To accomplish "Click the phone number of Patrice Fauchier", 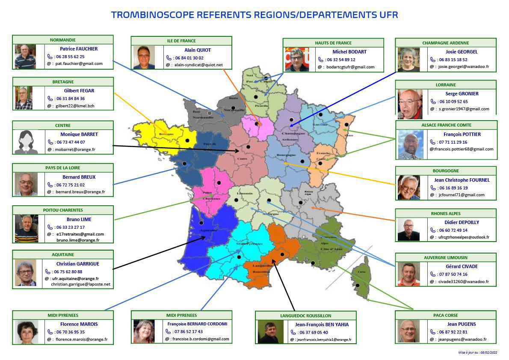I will click(x=69, y=56).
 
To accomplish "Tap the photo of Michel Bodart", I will click(x=297, y=59).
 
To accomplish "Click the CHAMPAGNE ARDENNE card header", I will click(x=445, y=43).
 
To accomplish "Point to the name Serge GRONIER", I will click(x=456, y=94).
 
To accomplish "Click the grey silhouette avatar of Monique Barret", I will click(x=27, y=142).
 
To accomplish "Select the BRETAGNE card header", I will click(x=63, y=82).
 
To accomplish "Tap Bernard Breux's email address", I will click(x=80, y=192).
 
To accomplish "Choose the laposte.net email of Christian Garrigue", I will click(x=80, y=284).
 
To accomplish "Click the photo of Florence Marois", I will click(x=27, y=332).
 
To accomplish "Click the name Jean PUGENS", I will click(x=456, y=324).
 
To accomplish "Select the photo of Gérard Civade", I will click(x=408, y=274).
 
